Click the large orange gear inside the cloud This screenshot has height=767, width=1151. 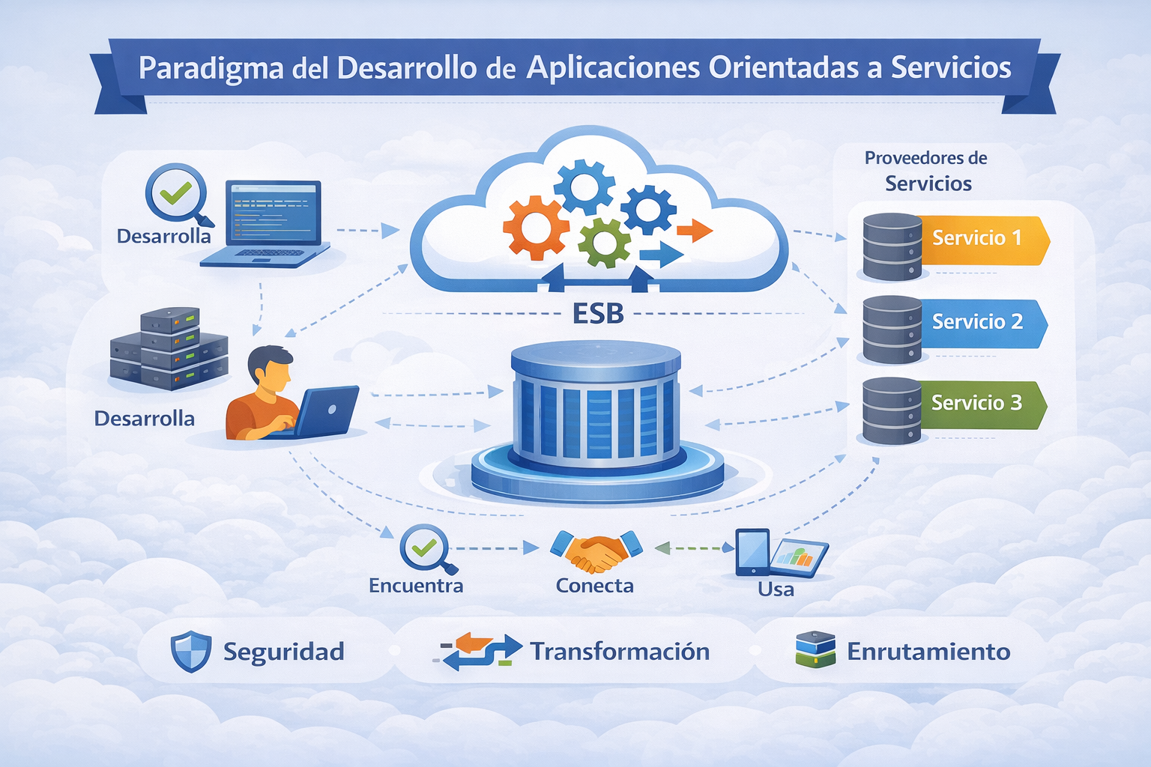[x=535, y=228]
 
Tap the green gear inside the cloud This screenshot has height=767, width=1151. [x=604, y=242]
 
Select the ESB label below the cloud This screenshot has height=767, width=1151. [x=598, y=313]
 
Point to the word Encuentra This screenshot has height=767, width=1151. [x=416, y=586]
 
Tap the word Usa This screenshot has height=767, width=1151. [x=776, y=589]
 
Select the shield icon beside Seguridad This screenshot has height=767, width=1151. [x=191, y=651]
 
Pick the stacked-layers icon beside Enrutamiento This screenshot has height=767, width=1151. [x=815, y=650]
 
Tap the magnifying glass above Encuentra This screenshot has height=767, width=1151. [x=425, y=548]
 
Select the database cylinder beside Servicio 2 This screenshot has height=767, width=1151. [x=892, y=330]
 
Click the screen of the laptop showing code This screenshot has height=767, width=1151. [x=274, y=213]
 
